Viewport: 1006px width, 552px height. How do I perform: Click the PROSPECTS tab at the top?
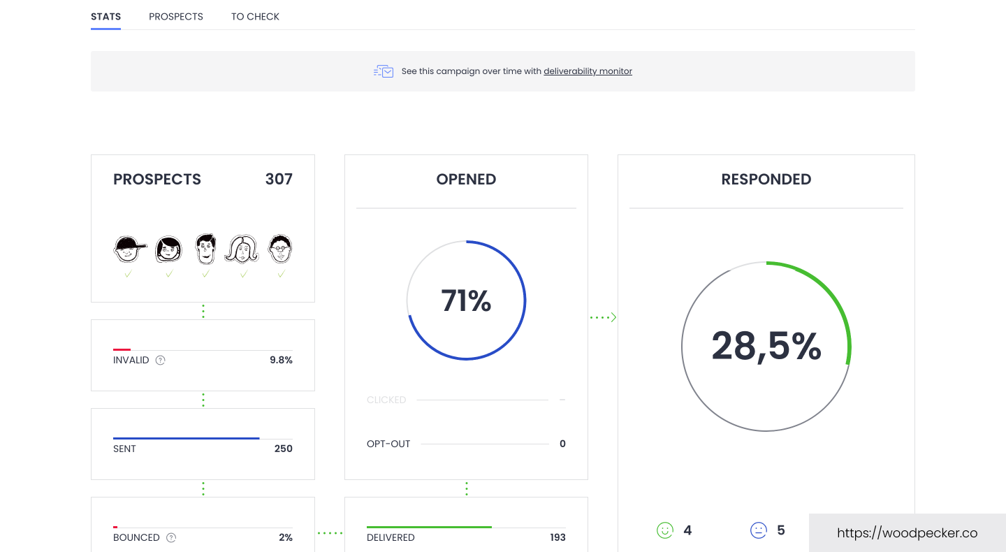pos(175,17)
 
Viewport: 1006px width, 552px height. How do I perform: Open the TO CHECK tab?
pos(255,17)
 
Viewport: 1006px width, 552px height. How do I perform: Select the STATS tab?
pos(105,17)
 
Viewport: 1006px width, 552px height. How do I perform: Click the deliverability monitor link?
pos(588,71)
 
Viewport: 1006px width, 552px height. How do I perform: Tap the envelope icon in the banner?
pos(384,71)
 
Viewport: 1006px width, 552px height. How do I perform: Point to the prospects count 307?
pos(279,180)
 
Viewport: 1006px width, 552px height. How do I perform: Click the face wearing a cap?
pos(129,249)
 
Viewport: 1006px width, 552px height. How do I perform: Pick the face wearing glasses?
pos(281,248)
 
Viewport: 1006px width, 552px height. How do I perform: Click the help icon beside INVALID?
pos(160,361)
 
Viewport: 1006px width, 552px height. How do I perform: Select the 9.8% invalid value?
pos(281,361)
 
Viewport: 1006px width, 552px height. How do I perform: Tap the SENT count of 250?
pos(283,449)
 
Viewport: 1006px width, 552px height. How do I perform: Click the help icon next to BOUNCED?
pos(171,538)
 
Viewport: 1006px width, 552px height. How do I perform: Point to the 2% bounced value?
pos(285,538)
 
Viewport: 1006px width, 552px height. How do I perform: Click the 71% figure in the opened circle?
pos(466,301)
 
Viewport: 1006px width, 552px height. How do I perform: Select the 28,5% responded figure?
pos(766,347)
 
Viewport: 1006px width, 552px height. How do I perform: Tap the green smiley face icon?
pos(664,530)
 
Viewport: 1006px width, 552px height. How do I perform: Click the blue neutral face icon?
pos(758,530)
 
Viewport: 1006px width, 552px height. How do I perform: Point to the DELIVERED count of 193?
pos(557,538)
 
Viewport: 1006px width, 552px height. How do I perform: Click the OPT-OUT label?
pos(388,444)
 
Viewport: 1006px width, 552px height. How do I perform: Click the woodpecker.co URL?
pos(907,533)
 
